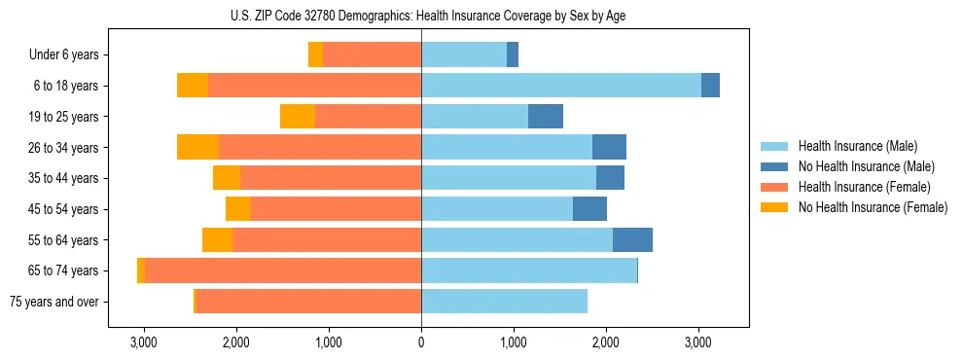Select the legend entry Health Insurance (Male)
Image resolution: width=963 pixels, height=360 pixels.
(x=858, y=146)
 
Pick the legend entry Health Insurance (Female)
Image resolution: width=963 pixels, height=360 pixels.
(x=864, y=187)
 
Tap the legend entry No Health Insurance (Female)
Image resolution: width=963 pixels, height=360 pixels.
(x=872, y=207)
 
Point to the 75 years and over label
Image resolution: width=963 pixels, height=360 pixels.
(x=54, y=302)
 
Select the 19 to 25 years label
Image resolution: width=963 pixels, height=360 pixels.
(x=63, y=117)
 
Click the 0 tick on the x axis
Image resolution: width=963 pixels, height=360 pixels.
(x=421, y=342)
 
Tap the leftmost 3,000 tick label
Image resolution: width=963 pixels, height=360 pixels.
(x=143, y=342)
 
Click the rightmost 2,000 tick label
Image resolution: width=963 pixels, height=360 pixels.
(x=606, y=342)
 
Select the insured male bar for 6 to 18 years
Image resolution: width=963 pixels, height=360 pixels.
(x=560, y=86)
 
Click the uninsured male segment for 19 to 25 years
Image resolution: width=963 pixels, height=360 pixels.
(x=546, y=117)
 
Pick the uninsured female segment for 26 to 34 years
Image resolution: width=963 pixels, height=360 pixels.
(x=197, y=147)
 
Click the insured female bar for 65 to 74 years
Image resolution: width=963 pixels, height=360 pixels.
(x=282, y=270)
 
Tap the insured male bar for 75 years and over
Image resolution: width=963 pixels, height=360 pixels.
(x=504, y=302)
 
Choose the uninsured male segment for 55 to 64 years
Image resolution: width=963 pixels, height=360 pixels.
(x=632, y=239)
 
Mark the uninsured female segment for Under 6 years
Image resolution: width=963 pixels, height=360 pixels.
(x=315, y=55)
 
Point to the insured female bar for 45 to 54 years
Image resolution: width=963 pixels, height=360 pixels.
(x=336, y=209)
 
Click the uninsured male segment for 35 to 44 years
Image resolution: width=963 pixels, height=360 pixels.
(x=610, y=178)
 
